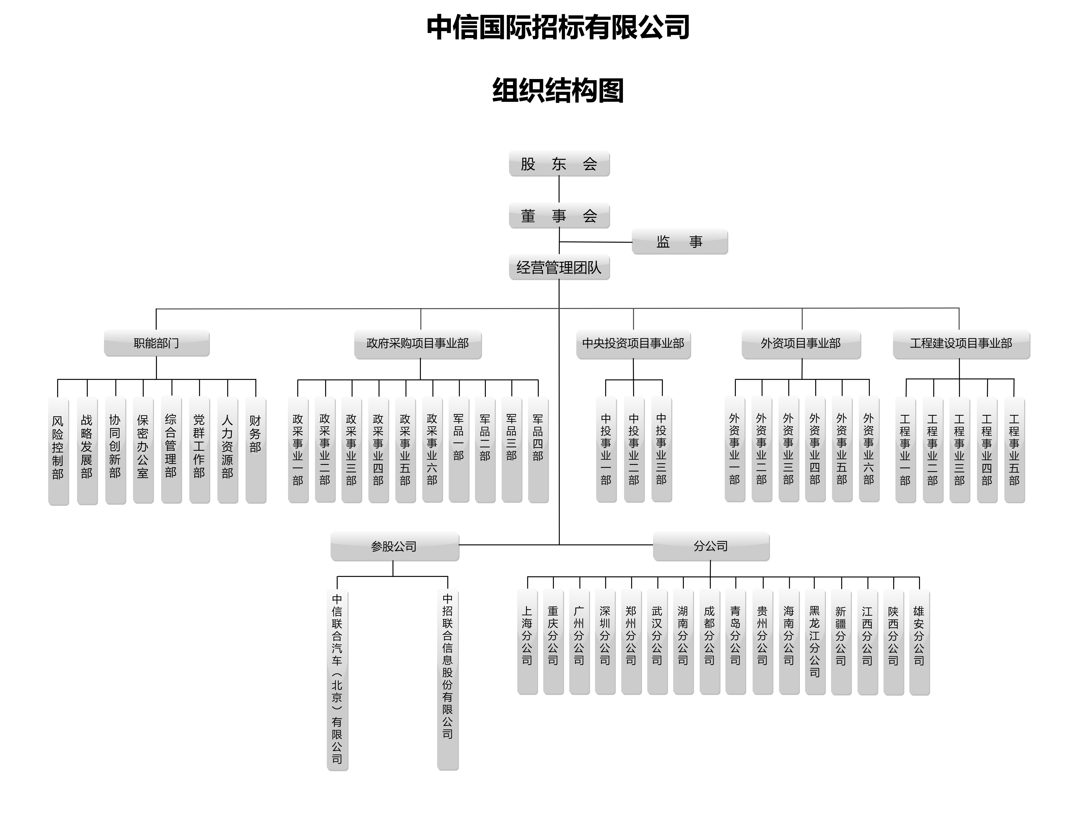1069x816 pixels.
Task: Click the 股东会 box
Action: (x=559, y=164)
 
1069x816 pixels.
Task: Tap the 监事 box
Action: (x=680, y=241)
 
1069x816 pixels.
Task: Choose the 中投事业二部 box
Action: (x=634, y=449)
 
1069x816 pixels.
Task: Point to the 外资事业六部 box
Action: (x=869, y=449)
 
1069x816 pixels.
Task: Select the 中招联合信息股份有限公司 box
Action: (x=448, y=680)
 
